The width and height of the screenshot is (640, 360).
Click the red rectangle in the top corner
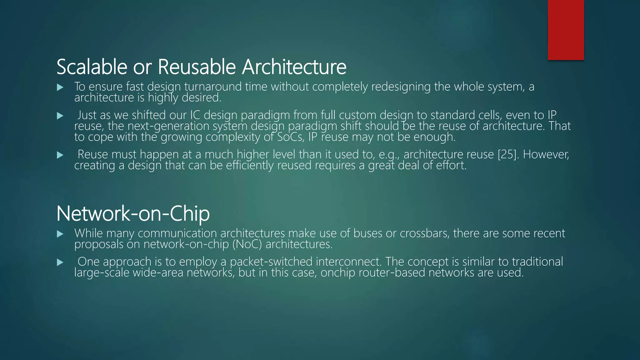(x=566, y=30)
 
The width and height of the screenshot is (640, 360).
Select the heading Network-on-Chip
(x=133, y=213)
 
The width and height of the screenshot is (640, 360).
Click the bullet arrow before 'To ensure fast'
(x=60, y=87)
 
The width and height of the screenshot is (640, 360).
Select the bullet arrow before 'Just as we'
(x=60, y=116)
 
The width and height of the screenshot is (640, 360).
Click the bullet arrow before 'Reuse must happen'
(x=60, y=155)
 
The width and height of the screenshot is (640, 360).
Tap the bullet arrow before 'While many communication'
(x=60, y=234)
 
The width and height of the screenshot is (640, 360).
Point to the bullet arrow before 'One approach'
(x=60, y=262)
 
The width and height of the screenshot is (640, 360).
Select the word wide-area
(x=158, y=272)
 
